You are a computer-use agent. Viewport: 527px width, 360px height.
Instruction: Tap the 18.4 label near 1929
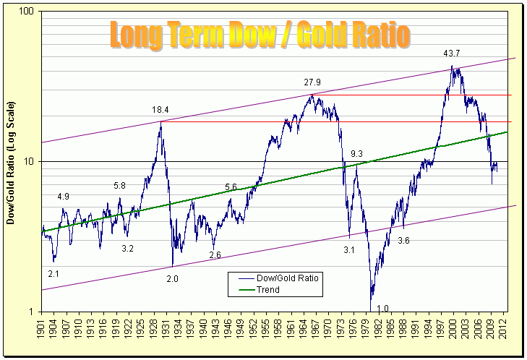(160, 110)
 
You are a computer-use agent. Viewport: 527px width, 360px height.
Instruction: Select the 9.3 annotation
(356, 154)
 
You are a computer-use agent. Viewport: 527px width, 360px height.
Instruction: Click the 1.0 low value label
(382, 309)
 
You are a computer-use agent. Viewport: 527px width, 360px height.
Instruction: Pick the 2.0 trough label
(172, 279)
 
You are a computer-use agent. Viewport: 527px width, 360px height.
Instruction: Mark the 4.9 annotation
(64, 197)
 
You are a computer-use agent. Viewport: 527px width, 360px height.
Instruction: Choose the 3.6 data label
(403, 241)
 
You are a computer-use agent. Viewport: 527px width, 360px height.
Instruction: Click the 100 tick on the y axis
(28, 12)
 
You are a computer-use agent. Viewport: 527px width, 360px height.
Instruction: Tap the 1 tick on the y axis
(33, 312)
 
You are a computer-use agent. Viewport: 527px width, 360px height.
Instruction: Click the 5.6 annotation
(231, 187)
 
